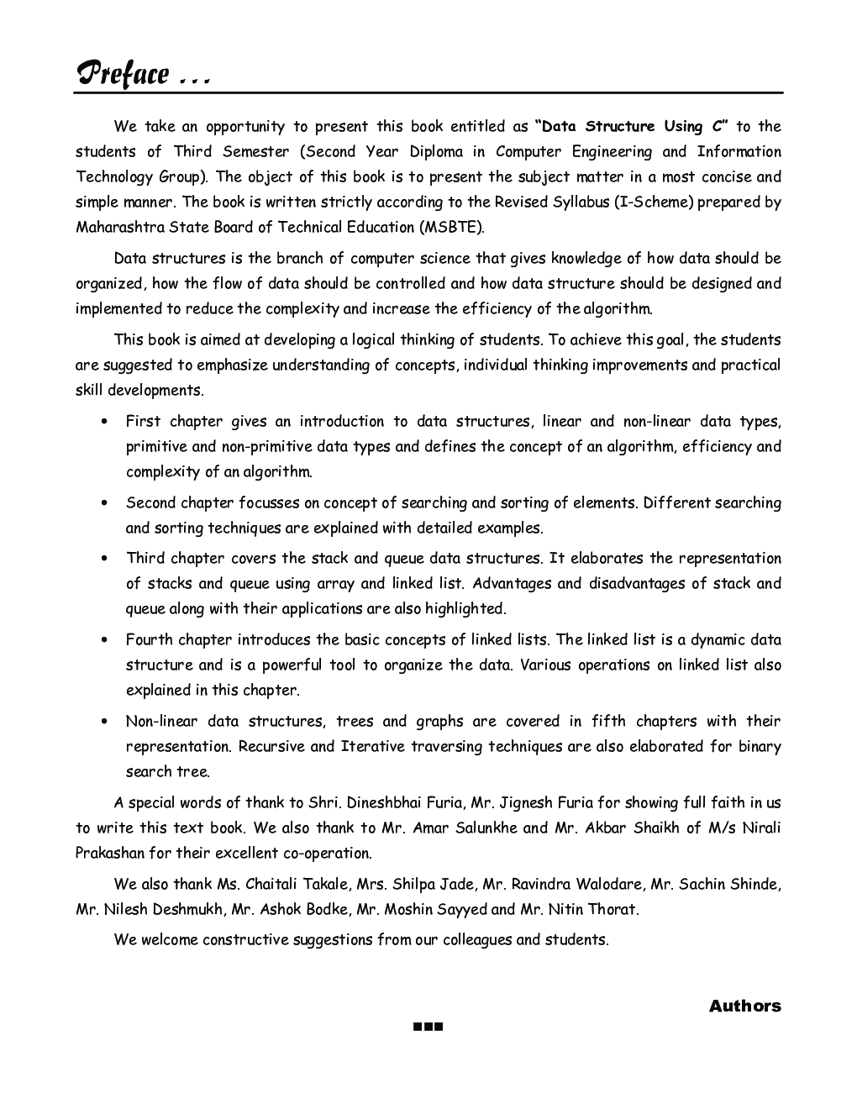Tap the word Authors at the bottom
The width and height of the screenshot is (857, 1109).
click(744, 1006)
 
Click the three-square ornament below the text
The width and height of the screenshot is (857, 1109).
click(428, 1027)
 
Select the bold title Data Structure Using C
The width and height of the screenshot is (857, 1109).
click(636, 127)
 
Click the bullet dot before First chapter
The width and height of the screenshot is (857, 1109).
click(104, 422)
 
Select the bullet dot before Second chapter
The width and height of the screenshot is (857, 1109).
click(104, 503)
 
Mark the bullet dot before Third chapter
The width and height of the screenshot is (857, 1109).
click(104, 559)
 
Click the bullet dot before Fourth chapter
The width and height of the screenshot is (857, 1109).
click(104, 640)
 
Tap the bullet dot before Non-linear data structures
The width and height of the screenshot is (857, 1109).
click(104, 722)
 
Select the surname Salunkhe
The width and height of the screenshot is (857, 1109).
click(486, 828)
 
